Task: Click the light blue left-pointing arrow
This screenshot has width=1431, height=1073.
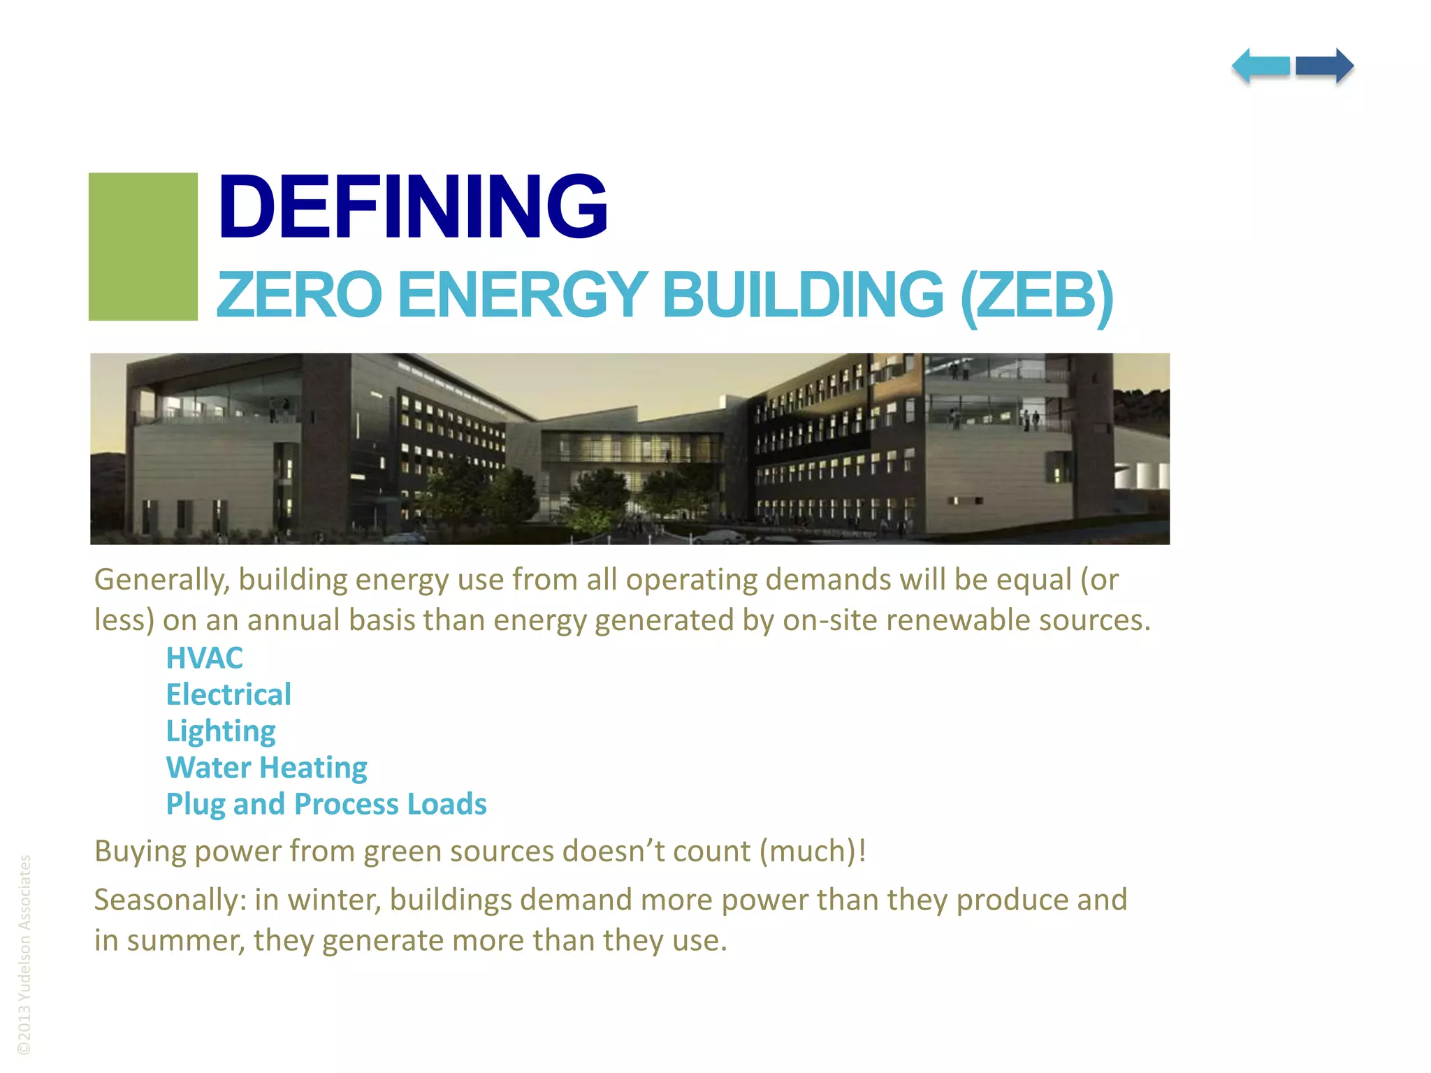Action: point(1261,66)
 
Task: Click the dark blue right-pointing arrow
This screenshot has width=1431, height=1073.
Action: point(1325,66)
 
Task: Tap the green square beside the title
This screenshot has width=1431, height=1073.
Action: point(143,247)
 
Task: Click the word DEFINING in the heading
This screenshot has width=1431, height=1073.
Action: point(412,207)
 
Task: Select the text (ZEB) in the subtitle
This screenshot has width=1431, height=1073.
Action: point(1036,295)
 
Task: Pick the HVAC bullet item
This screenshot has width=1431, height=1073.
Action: point(204,658)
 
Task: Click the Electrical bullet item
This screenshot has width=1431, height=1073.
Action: point(228,694)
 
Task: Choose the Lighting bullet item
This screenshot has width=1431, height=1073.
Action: point(221,731)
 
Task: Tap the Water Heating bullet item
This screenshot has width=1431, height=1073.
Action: point(266,768)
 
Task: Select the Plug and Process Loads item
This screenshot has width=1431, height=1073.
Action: point(326,804)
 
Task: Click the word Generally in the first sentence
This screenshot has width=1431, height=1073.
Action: point(162,580)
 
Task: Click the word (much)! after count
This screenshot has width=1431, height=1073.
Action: point(813,852)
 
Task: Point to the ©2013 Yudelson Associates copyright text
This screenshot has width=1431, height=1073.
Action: point(24,954)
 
